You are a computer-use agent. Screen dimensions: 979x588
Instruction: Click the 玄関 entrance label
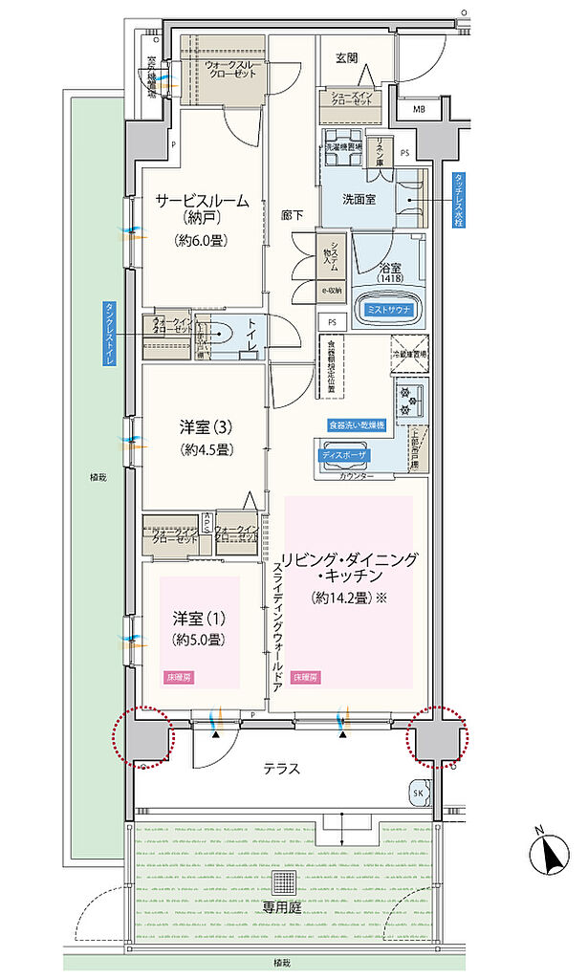[x=346, y=57]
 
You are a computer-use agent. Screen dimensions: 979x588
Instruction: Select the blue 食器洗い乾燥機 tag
[x=357, y=424]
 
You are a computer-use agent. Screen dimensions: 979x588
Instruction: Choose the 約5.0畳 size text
[x=199, y=639]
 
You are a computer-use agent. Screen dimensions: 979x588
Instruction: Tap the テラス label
[x=282, y=768]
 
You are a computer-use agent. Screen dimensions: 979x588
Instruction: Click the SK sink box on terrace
[x=419, y=793]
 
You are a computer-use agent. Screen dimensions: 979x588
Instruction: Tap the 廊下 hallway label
[x=293, y=216]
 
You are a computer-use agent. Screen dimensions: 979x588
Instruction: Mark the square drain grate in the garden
[x=284, y=881]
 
